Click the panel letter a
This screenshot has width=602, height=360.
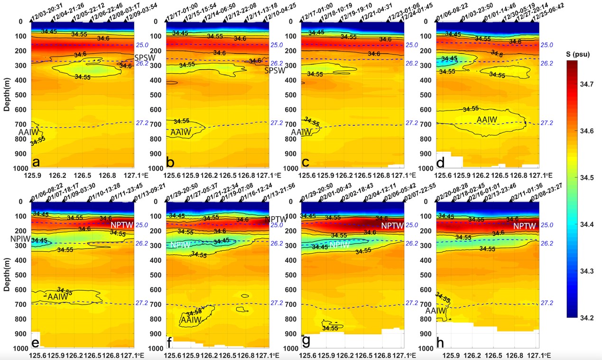tap(37, 163)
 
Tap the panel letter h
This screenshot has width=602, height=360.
tap(441, 342)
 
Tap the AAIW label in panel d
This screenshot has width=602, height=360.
tap(487, 120)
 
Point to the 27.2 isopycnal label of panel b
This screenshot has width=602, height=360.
tap(276, 123)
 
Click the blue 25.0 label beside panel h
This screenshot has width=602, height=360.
tap(546, 225)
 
